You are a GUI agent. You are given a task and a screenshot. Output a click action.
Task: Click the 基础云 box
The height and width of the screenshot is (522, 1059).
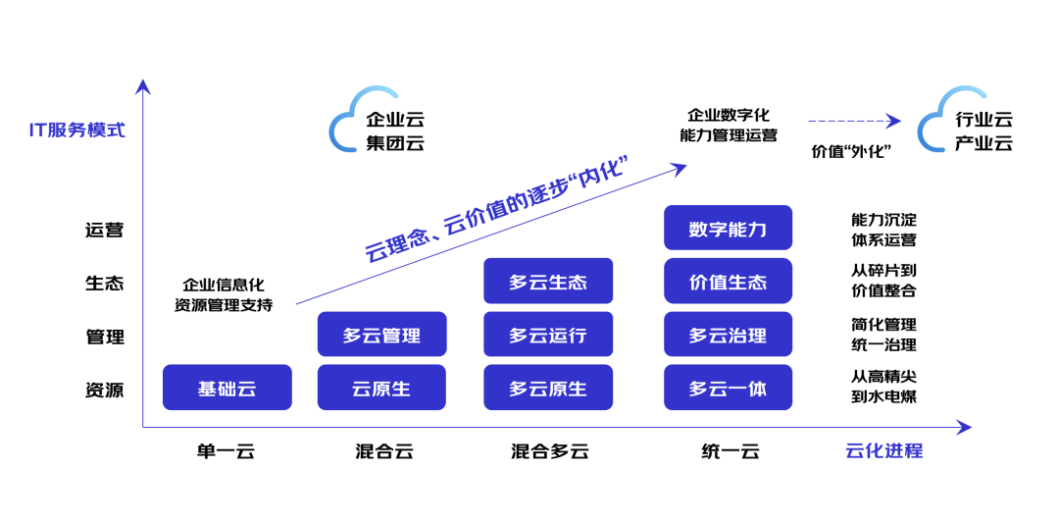pos(227,388)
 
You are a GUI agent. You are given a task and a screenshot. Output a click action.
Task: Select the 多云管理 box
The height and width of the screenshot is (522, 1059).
pos(381,335)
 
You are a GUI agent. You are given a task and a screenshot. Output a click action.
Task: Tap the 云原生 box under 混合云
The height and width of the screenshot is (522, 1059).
pos(381,388)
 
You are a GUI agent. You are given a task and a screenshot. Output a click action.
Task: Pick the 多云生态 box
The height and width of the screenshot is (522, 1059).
pos(547,282)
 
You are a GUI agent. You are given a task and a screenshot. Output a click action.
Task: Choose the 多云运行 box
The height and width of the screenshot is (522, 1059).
pos(547,335)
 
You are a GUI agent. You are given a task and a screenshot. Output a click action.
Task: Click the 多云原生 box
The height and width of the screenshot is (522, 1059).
pos(547,388)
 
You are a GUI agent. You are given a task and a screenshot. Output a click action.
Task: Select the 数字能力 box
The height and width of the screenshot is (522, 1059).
pos(728,229)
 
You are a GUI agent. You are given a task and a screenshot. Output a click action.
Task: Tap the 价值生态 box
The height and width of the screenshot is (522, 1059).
pos(728,282)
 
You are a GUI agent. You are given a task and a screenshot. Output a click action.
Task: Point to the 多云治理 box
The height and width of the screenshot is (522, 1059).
pos(728,335)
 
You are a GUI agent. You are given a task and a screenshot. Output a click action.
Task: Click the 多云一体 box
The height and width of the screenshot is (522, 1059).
pos(728,388)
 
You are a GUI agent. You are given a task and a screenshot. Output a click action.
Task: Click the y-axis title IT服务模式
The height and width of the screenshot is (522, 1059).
pos(77,130)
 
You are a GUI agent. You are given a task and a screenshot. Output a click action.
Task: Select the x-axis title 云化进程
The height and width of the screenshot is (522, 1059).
pos(883,451)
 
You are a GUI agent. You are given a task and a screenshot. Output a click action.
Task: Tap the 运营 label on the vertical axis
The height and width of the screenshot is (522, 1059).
pos(105,231)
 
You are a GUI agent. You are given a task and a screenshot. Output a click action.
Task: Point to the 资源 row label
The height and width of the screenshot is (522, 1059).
pos(105,390)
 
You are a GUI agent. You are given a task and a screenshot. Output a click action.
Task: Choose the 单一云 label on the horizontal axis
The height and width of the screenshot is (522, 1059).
pos(226,451)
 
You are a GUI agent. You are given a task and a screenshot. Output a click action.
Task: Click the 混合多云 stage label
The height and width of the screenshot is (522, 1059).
pos(549,451)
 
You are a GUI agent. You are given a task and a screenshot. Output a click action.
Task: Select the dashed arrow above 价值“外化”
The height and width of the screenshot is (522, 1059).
pos(853,121)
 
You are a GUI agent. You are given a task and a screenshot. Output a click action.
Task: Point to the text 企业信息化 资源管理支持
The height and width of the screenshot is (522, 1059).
pos(224,294)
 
